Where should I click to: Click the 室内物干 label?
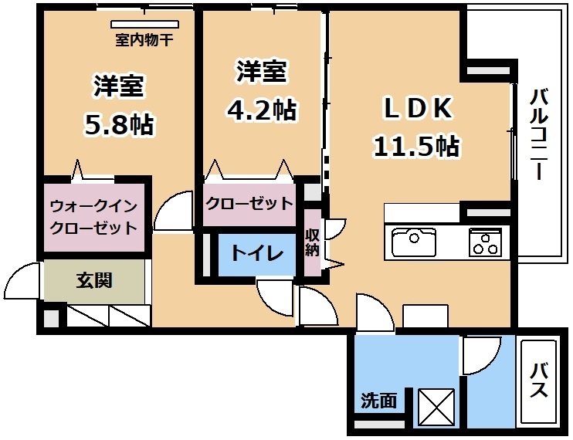coord(144,39)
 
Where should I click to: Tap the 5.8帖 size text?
coord(120,124)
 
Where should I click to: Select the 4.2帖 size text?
coord(261,109)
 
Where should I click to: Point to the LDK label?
coord(417,108)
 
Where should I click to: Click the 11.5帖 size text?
coord(416,146)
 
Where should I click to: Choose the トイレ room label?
coord(257,253)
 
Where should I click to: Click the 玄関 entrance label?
coord(94,281)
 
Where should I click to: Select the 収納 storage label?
coord(313,243)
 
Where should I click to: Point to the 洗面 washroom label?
coord(379,401)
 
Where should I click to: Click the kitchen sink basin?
coord(414,242)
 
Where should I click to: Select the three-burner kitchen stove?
coord(485,242)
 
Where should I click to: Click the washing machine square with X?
coord(436,408)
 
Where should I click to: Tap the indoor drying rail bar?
coord(145,24)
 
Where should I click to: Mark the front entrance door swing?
coord(22,281)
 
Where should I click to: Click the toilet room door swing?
coord(275,296)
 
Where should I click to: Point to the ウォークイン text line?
coord(93,207)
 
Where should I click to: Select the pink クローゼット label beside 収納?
coord(249,204)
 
